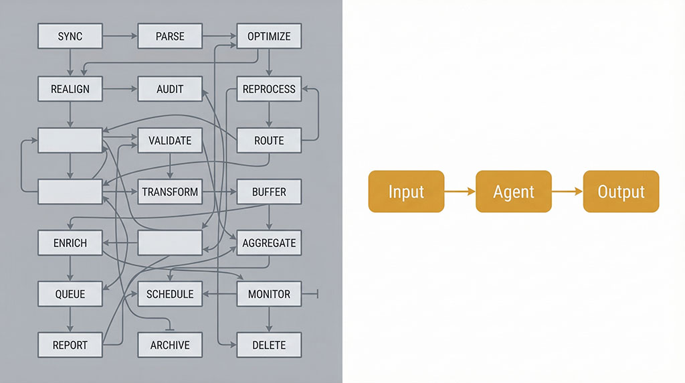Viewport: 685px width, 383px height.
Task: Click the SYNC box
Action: click(x=70, y=36)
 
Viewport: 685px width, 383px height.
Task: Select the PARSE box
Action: click(x=170, y=36)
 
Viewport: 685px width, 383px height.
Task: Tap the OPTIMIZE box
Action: click(x=269, y=36)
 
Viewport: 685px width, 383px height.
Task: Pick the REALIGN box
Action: click(x=70, y=88)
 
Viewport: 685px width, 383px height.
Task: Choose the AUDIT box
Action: click(x=170, y=88)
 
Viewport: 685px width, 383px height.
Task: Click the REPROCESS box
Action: click(x=269, y=88)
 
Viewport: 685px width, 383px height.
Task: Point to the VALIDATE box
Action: click(x=170, y=141)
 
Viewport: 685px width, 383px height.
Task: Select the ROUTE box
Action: click(x=269, y=141)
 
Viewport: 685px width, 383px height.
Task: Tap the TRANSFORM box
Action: click(x=170, y=192)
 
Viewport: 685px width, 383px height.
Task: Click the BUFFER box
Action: click(x=269, y=192)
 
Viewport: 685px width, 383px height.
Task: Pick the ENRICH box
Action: click(x=70, y=243)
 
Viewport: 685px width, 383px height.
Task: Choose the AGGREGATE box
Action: click(x=269, y=243)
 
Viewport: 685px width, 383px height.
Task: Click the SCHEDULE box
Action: click(x=170, y=294)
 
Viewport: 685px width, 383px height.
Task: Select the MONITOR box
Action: click(x=269, y=294)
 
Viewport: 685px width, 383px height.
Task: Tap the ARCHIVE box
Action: click(x=170, y=346)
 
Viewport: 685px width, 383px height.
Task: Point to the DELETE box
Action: click(x=269, y=346)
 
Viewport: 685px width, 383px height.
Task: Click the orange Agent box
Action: click(x=514, y=191)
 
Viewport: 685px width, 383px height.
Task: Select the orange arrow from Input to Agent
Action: click(x=460, y=192)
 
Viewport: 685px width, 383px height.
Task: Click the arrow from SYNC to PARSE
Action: click(x=120, y=36)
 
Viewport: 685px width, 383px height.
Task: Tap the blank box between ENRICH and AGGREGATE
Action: click(x=170, y=243)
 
